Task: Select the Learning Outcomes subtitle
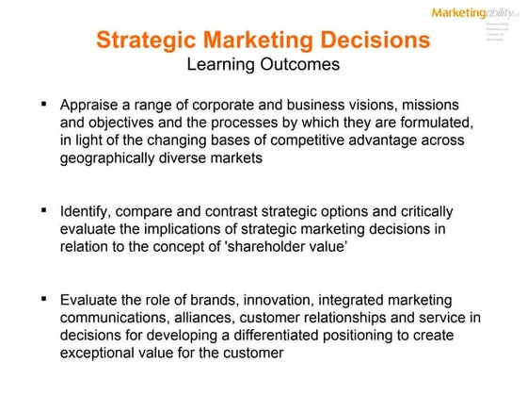pos(263,65)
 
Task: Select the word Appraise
pos(90,105)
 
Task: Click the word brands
pos(220,301)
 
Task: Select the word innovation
pos(281,301)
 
